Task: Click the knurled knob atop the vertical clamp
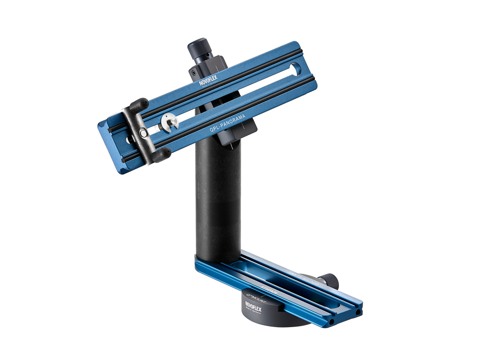(x=199, y=48)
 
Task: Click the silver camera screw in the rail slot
(x=169, y=123)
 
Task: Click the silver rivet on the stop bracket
(x=142, y=135)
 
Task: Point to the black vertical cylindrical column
(x=217, y=202)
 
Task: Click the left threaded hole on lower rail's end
(x=331, y=322)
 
